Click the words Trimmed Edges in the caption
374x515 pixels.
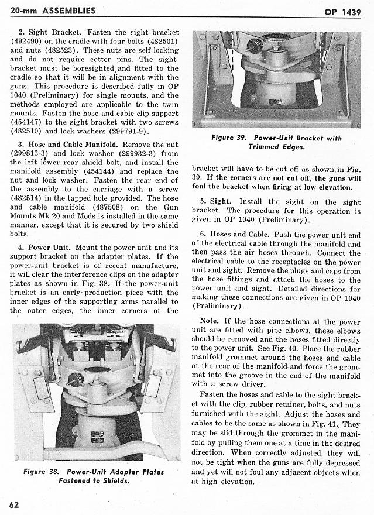[275, 147]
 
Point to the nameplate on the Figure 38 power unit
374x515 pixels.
[97, 436]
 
